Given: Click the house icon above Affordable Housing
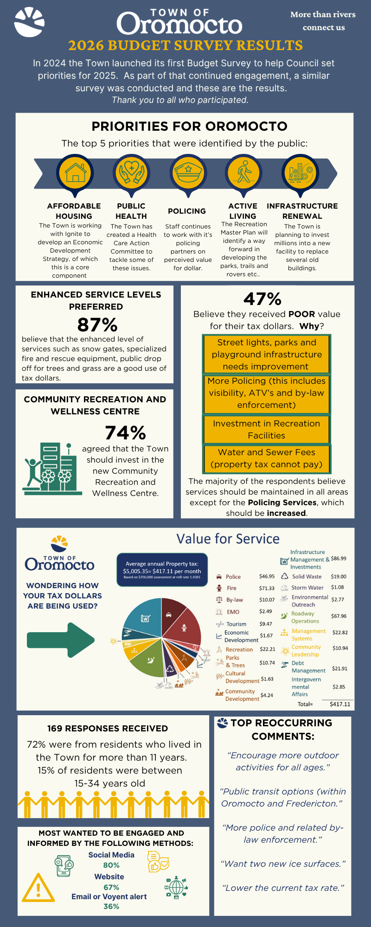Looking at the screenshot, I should pyautogui.click(x=75, y=173).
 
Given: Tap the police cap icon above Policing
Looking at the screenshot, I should pyautogui.click(x=188, y=173).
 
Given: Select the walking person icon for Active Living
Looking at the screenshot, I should pyautogui.click(x=244, y=173).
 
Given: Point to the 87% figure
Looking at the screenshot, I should pyautogui.click(x=97, y=325).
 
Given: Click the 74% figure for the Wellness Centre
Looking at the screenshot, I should pyautogui.click(x=125, y=433).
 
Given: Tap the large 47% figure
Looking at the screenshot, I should pyautogui.click(x=262, y=299).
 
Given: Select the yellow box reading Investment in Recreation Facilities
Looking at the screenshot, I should pyautogui.click(x=267, y=430).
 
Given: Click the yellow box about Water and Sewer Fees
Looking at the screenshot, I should pyautogui.click(x=267, y=458).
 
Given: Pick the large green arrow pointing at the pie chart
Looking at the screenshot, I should pyautogui.click(x=61, y=640).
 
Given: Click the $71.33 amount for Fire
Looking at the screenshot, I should pyautogui.click(x=267, y=588).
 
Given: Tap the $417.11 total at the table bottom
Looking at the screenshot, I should pyautogui.click(x=340, y=704).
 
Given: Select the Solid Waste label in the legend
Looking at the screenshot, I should pyautogui.click(x=307, y=577).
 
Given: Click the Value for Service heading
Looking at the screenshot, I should pyautogui.click(x=228, y=539).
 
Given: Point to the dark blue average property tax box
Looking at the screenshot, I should pyautogui.click(x=162, y=570).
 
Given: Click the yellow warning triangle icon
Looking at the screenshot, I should pyautogui.click(x=38, y=888).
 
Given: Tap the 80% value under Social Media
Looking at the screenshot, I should pyautogui.click(x=111, y=865).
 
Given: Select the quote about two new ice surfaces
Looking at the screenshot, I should pyautogui.click(x=283, y=864).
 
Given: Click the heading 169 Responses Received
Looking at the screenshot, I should pyautogui.click(x=108, y=729).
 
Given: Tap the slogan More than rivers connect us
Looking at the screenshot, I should pyautogui.click(x=323, y=21).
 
